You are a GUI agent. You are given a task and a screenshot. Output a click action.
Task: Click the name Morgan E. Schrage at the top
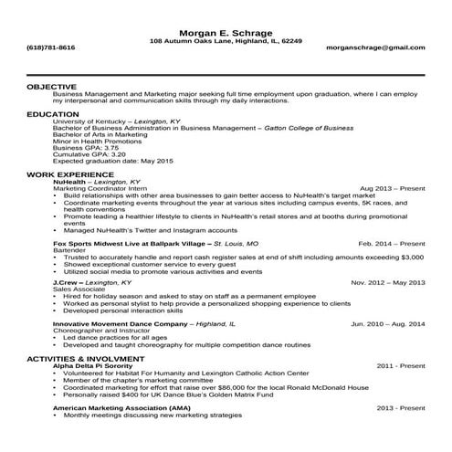[226, 33]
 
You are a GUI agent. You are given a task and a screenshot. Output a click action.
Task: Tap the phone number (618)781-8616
[51, 47]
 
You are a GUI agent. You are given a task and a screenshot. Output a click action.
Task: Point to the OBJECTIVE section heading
[51, 86]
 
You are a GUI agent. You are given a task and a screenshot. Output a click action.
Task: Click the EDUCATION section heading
[53, 114]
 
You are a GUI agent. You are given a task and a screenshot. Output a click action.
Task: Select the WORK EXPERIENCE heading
[70, 173]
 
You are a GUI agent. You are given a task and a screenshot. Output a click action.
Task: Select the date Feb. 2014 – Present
[391, 245]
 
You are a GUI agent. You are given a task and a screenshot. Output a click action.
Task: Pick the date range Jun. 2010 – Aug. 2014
[388, 323]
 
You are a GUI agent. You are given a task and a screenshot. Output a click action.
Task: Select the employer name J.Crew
[70, 283]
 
